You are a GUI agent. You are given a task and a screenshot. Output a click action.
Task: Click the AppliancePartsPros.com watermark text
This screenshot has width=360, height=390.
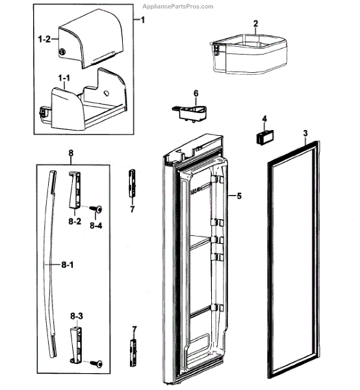coord(178,6)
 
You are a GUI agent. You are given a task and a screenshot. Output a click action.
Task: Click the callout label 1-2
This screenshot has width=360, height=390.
coord(44,39)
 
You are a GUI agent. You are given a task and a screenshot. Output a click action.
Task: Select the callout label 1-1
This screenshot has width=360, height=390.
coord(64,78)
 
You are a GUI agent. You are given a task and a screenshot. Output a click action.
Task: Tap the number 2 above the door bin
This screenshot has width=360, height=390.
coord(255,23)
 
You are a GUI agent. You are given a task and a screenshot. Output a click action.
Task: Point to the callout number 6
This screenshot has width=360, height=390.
coord(196,94)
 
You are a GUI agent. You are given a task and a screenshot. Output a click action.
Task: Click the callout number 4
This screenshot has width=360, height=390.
coord(264,119)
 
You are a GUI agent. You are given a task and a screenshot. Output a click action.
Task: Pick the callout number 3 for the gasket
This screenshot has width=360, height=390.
coord(305,133)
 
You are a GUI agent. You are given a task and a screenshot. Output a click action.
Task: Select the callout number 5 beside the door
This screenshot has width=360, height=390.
coord(239,196)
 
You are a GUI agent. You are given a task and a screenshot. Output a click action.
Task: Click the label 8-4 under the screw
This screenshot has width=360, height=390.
coord(96,226)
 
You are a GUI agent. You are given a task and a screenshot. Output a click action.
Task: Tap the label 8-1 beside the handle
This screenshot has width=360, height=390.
coord(68,265)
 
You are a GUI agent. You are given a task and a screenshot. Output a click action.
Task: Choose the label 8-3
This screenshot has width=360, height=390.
coord(77,316)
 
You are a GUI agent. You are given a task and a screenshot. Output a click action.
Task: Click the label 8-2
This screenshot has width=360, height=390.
coord(75,221)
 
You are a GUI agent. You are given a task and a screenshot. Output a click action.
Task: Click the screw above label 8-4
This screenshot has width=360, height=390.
coord(96,209)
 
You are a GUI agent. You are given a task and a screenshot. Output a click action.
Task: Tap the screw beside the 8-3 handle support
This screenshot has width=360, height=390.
coord(96,364)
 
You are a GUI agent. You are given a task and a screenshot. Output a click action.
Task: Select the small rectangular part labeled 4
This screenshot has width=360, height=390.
coord(264,136)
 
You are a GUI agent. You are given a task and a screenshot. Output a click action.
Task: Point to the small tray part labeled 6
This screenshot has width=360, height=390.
coord(190,113)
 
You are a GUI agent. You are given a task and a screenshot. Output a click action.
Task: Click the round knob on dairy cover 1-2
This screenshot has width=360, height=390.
coord(62,52)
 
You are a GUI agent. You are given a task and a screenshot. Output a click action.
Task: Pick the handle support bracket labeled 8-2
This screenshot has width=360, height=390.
coord(75,189)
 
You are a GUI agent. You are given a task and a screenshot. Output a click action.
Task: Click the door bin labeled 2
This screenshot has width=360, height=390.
coord(248,54)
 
